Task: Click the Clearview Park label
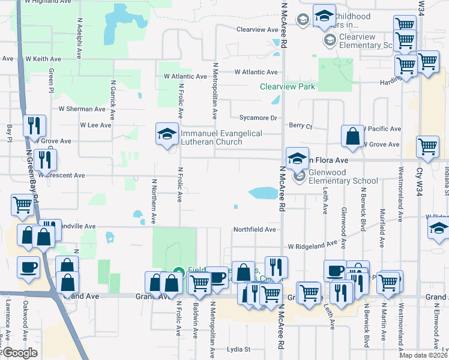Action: [x=287, y=87]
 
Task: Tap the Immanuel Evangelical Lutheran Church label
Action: [x=213, y=137]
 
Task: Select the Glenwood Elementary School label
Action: [x=343, y=181]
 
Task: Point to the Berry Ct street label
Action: [x=301, y=127]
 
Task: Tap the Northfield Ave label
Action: [x=255, y=229]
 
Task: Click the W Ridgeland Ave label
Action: [x=312, y=246]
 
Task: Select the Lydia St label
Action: [x=238, y=349]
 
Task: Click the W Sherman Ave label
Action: [x=82, y=109]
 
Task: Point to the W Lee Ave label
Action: [x=96, y=125]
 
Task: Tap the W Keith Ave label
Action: [x=44, y=59]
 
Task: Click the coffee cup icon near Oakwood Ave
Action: [x=28, y=268]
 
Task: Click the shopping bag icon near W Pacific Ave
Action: [x=352, y=136]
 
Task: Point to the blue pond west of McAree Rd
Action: [x=262, y=193]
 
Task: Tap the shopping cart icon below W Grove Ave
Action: [x=427, y=147]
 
